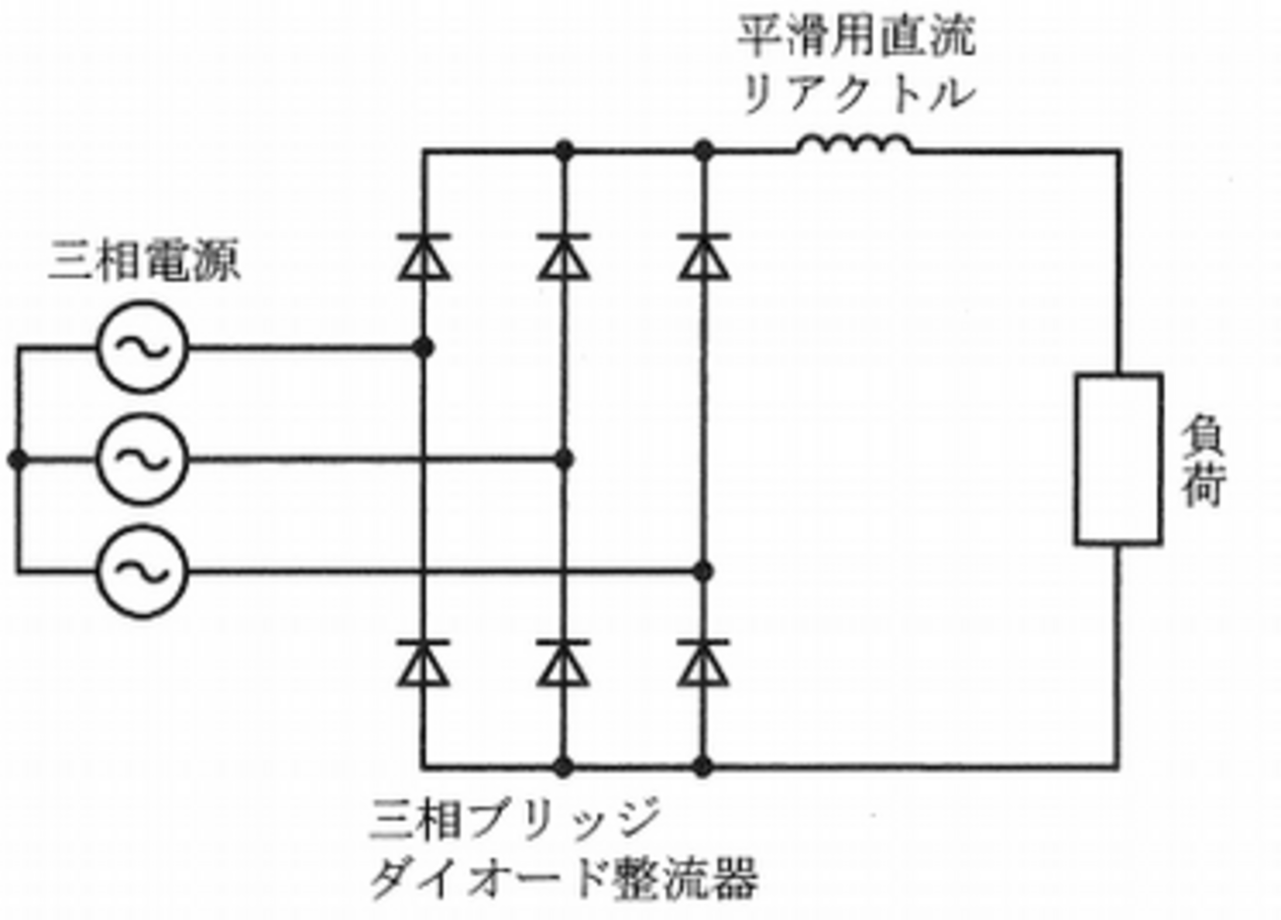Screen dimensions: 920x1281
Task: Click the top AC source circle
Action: [143, 348]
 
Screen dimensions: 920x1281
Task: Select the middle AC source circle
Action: [143, 459]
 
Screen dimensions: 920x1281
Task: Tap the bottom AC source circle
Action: [143, 570]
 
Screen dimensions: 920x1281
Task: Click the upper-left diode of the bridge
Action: [424, 257]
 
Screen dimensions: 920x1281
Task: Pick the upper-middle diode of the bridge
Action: [564, 257]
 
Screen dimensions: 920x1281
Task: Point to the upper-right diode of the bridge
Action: [704, 257]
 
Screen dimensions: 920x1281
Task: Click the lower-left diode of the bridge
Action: [424, 662]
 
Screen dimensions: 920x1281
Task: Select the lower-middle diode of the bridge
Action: [564, 662]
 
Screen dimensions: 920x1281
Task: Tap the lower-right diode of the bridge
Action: [704, 662]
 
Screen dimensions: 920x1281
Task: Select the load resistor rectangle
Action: [1117, 459]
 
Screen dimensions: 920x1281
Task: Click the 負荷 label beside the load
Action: [1201, 459]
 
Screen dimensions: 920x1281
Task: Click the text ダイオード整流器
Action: [564, 877]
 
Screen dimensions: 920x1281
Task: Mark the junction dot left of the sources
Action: [17, 459]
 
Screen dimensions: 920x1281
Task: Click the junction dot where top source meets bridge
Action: [424, 348]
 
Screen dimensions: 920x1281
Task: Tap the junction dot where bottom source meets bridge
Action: [704, 570]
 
